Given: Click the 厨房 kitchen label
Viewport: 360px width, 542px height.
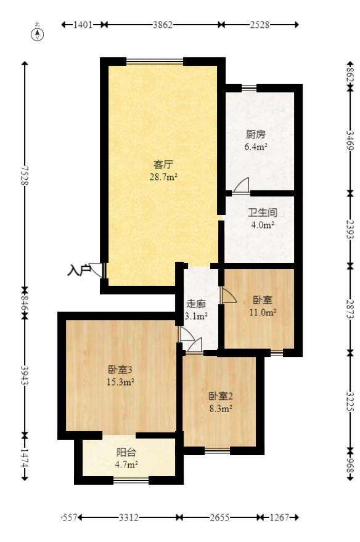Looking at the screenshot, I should click(x=255, y=134).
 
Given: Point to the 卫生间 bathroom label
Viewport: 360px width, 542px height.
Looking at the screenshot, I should click(x=262, y=212).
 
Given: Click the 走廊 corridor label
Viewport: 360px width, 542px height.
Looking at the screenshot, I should click(x=197, y=304).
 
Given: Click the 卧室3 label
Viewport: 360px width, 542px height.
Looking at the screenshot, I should click(x=121, y=370).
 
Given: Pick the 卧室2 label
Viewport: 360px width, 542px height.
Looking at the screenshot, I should click(x=220, y=396).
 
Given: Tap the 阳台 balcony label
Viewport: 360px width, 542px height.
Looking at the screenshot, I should click(x=126, y=452).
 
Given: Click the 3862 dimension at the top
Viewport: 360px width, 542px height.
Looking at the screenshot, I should click(x=162, y=25).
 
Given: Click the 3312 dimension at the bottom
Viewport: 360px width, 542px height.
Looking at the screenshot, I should click(x=128, y=518).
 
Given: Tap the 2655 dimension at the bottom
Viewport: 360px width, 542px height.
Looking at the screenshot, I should click(x=219, y=518).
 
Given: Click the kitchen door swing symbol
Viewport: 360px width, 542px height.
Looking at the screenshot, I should click(x=240, y=185).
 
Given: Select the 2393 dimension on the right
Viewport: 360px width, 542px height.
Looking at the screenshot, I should click(x=350, y=229).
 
